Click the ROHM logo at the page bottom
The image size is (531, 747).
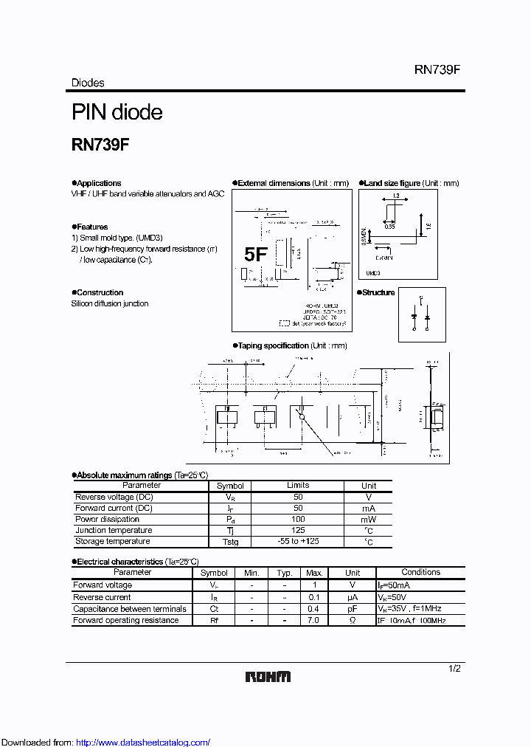268,677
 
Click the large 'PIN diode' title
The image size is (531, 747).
117,112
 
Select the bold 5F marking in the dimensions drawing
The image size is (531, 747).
255,255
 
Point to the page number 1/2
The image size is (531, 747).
455,668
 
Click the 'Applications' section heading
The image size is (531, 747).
99,183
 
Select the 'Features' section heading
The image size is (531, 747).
92,227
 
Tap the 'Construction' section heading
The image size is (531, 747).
100,292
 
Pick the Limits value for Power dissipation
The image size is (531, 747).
298,520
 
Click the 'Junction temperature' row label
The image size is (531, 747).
114,531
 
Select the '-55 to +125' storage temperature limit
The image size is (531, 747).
298,542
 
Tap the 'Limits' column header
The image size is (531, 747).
298,486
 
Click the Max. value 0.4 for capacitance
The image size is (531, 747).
313,609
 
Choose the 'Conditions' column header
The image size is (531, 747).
420,573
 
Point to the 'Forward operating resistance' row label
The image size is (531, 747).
125,621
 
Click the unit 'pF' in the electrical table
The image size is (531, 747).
353,609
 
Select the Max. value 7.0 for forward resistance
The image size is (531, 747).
313,621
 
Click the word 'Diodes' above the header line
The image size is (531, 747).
88,83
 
